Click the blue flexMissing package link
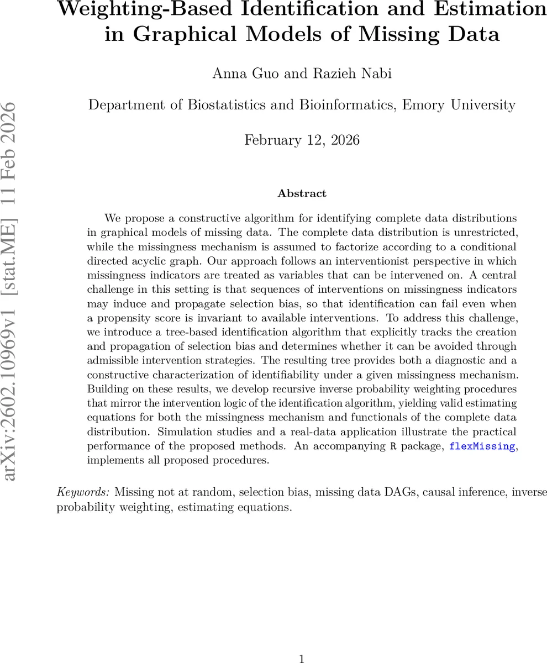[482, 446]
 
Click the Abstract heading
[302, 193]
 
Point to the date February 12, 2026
[302, 140]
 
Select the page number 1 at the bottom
[302, 659]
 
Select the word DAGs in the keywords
[396, 492]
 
